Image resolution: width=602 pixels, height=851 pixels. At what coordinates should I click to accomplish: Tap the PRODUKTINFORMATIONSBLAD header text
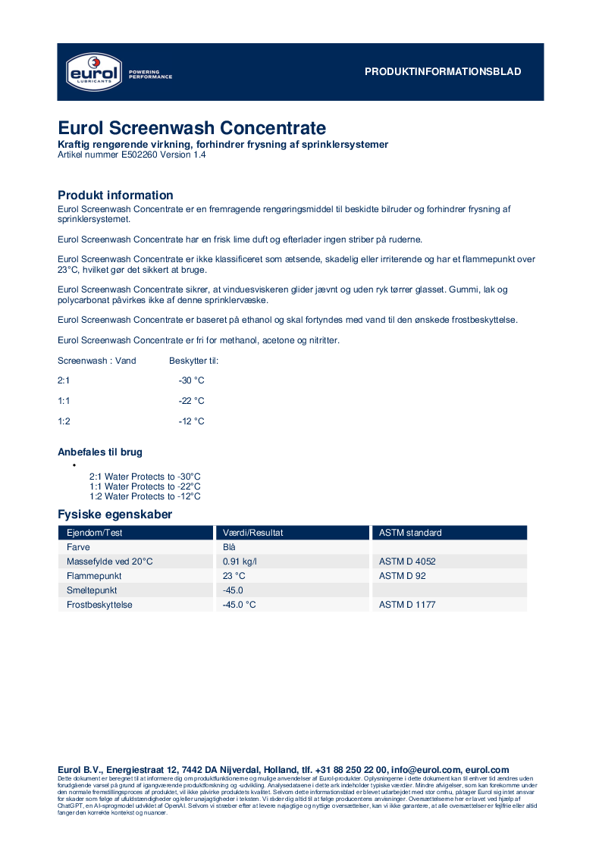443,72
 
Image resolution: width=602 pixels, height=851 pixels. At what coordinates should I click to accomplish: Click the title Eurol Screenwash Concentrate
192,127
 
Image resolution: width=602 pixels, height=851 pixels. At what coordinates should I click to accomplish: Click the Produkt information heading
115,196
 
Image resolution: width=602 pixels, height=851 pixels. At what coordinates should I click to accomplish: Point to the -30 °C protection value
191,380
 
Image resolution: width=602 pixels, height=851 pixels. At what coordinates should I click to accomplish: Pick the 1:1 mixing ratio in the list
64,401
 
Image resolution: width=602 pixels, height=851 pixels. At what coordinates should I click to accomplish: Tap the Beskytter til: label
193,361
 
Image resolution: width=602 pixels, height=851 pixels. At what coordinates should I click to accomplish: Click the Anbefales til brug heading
100,452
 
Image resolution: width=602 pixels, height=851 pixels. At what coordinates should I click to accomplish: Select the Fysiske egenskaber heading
114,515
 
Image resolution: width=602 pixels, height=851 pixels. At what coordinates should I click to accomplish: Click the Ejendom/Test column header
95,533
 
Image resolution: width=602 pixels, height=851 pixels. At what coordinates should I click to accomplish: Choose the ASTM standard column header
410,533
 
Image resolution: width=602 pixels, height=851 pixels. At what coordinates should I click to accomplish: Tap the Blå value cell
230,547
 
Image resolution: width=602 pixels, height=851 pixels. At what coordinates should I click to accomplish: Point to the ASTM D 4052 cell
407,562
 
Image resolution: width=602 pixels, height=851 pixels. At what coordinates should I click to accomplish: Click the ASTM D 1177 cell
407,605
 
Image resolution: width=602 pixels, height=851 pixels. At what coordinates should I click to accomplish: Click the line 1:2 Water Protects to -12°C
145,496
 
